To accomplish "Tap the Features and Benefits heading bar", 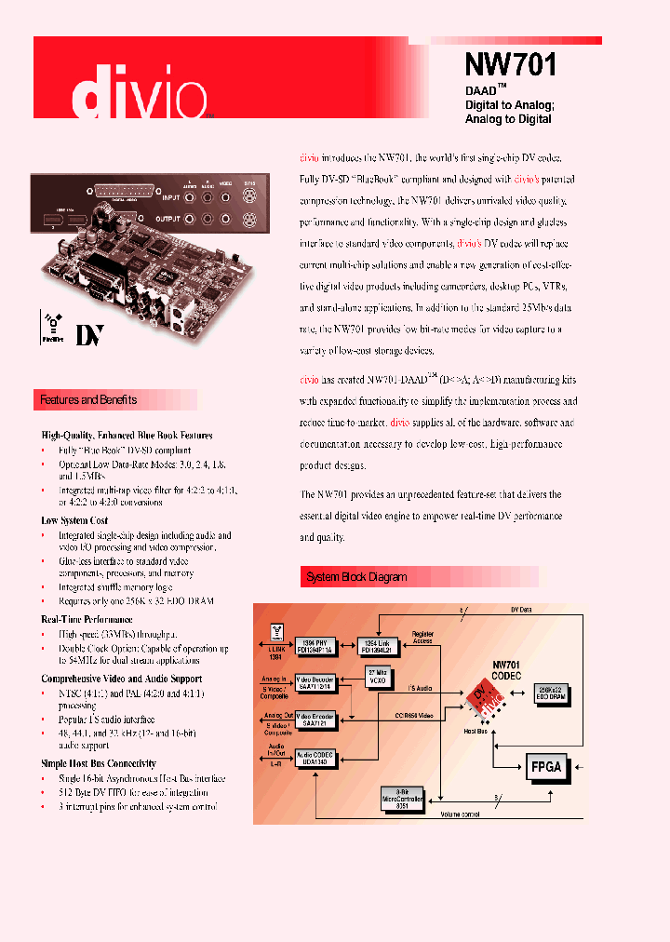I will point(88,400).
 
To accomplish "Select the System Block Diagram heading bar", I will point(356,577).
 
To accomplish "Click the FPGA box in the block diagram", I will point(544,767).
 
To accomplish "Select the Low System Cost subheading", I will point(74,520).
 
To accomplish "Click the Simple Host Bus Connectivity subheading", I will point(99,763).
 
